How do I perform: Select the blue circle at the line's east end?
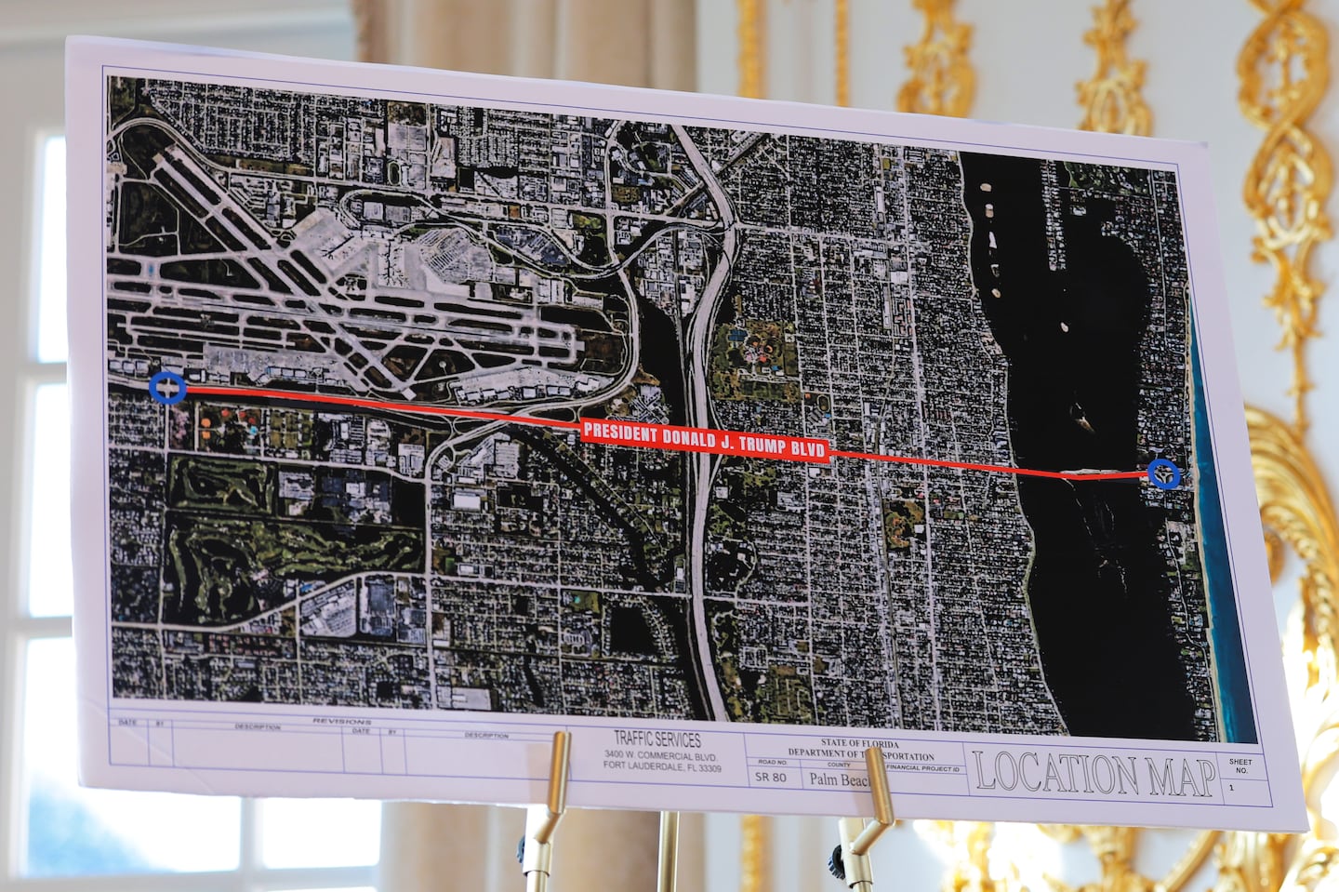point(1164,473)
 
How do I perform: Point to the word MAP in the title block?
point(1181,778)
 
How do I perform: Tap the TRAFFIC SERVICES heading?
point(657,739)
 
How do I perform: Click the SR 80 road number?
point(770,778)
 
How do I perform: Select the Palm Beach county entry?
point(840,779)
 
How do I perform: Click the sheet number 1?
point(1231,787)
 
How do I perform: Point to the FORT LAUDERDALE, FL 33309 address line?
point(662,766)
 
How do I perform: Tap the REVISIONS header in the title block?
point(341,721)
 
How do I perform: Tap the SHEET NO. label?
point(1240,766)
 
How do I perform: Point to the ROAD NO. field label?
point(772,763)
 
